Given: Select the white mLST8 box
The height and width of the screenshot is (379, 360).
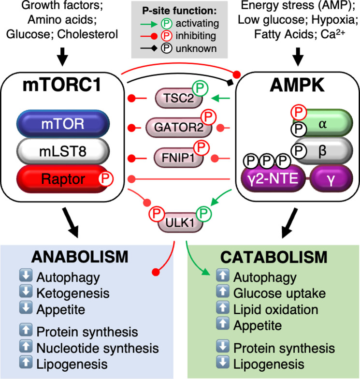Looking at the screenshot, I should (x=63, y=152).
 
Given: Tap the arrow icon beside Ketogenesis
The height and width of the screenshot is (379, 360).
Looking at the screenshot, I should (x=27, y=292).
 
